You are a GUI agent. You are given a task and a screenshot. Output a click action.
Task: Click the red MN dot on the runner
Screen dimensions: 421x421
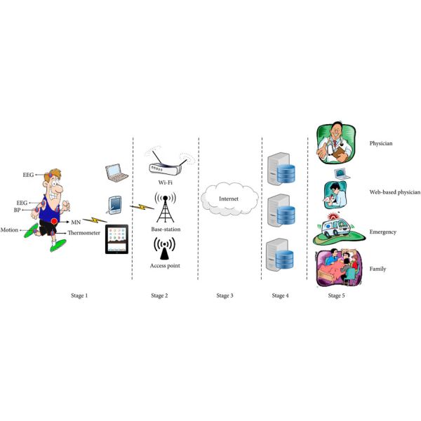click(54, 222)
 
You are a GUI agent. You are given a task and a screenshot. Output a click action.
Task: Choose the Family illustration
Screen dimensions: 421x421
click(340, 268)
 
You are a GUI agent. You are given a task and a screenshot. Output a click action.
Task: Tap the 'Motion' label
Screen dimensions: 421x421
click(10, 229)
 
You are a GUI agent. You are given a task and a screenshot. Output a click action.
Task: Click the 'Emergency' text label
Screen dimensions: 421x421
click(383, 231)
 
